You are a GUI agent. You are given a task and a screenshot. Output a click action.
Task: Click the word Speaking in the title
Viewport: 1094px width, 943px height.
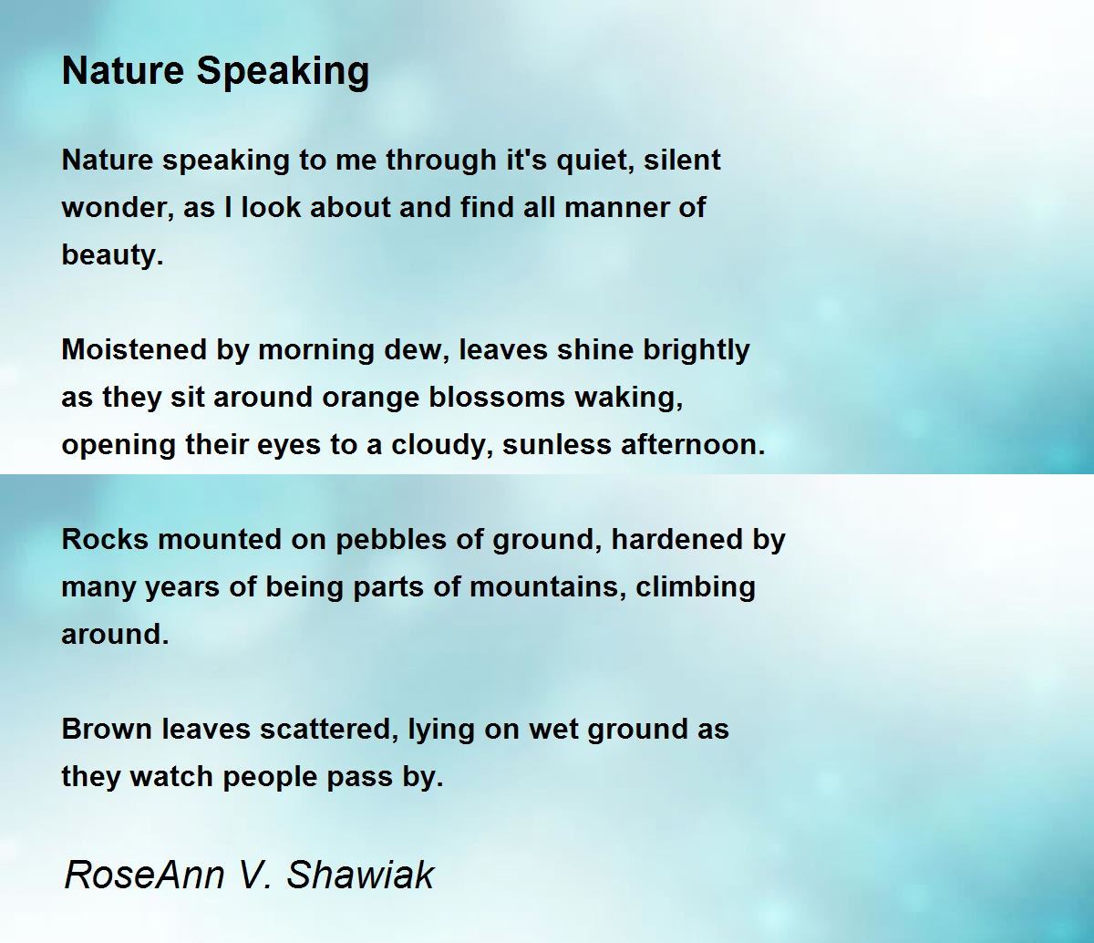tap(284, 73)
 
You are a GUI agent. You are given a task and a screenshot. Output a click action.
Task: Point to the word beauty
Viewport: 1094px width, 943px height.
tap(112, 255)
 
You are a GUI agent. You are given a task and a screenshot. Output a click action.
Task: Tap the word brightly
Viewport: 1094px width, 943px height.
tap(696, 351)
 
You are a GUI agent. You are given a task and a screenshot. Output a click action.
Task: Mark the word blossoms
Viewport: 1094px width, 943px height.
tap(497, 398)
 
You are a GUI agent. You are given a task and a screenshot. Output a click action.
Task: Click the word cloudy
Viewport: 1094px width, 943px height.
tap(444, 446)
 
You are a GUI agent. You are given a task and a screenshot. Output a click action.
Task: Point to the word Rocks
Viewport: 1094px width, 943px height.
tap(105, 540)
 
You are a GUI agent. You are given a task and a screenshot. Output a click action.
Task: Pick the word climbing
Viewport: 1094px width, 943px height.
tap(695, 588)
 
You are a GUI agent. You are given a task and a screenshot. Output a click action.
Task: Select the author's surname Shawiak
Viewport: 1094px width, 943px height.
tap(360, 875)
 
